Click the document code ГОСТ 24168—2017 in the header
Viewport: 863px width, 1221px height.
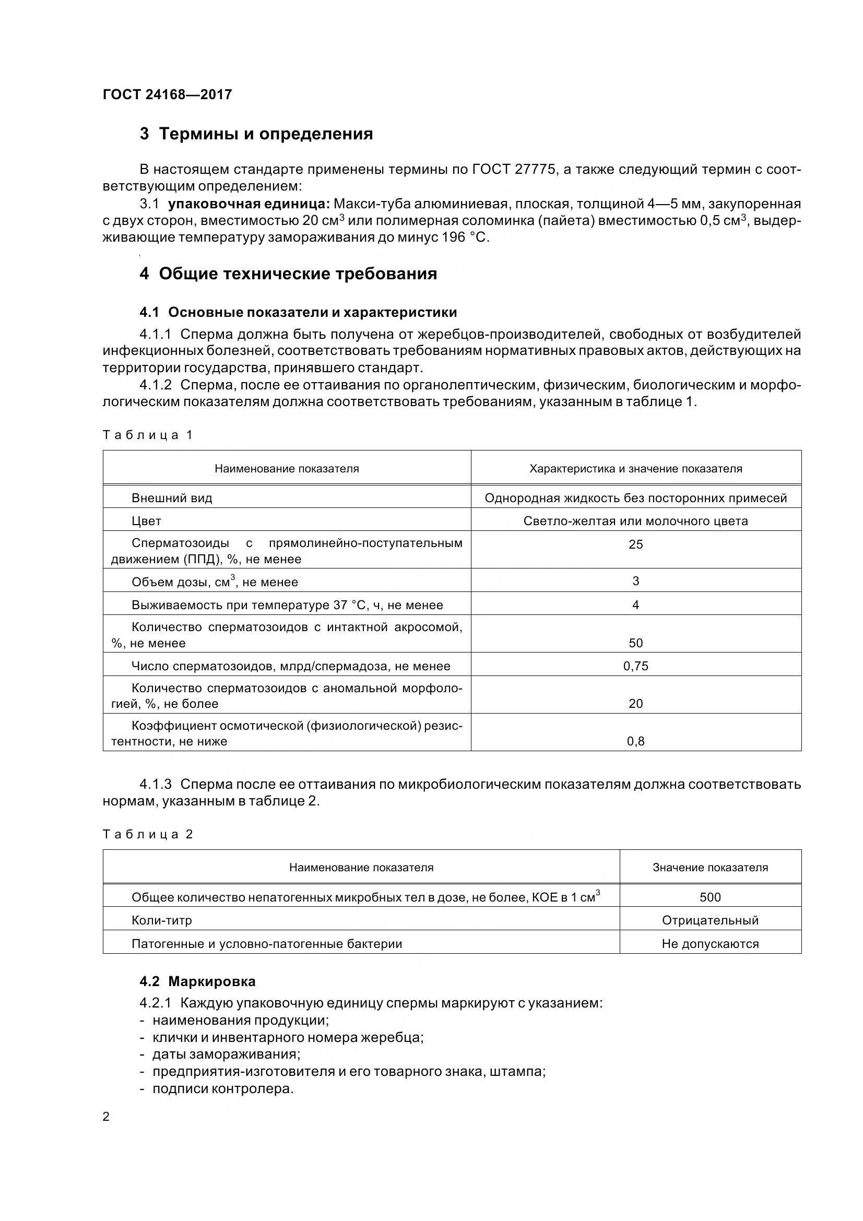[x=167, y=94]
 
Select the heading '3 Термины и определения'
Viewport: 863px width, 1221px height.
[x=256, y=134]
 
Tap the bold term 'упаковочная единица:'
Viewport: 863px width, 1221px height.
[x=249, y=204]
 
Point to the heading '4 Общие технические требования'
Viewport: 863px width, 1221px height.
[x=288, y=274]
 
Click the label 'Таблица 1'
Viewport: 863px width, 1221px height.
[x=147, y=435]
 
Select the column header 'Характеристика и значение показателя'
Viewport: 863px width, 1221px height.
[x=635, y=468]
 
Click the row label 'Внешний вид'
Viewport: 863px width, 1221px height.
[x=172, y=499]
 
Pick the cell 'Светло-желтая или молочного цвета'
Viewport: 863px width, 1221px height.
[x=635, y=521]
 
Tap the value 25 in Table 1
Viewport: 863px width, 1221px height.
[x=635, y=544]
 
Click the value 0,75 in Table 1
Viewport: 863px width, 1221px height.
[x=635, y=666]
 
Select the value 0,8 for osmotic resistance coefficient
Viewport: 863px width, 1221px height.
[x=635, y=741]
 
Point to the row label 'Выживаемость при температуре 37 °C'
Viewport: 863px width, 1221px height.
[x=287, y=605]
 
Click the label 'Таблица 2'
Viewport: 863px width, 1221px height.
[x=147, y=834]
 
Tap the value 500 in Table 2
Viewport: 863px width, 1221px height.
[x=710, y=898]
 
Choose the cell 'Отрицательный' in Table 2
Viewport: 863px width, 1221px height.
[x=710, y=920]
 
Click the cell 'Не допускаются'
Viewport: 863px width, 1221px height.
[x=710, y=944]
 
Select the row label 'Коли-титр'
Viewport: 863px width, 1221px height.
[x=162, y=920]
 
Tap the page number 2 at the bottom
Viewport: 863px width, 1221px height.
[x=106, y=1117]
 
